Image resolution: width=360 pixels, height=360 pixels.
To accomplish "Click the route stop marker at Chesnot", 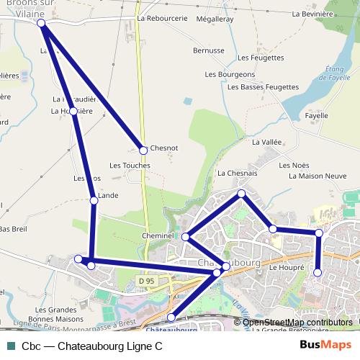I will tap(143, 150).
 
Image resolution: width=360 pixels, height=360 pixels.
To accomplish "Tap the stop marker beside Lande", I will tap(93, 201).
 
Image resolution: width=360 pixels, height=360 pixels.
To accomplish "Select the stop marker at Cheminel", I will tap(185, 237).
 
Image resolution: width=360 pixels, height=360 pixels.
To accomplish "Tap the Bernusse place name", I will tap(210, 50).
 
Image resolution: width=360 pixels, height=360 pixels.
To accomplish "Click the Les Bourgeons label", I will tap(230, 74).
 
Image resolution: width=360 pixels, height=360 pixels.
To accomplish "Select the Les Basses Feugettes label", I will tap(263, 86).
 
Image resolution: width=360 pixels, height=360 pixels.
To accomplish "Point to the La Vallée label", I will tap(266, 143).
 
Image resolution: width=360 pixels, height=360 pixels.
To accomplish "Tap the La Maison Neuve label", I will tap(318, 176).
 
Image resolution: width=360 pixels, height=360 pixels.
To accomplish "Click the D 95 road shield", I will tap(147, 280).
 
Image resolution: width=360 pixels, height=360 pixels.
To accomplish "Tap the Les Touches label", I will tap(130, 166).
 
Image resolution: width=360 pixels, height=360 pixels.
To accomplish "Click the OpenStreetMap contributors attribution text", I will tap(297, 323).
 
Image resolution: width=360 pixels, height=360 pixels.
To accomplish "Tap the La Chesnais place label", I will tap(237, 174).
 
